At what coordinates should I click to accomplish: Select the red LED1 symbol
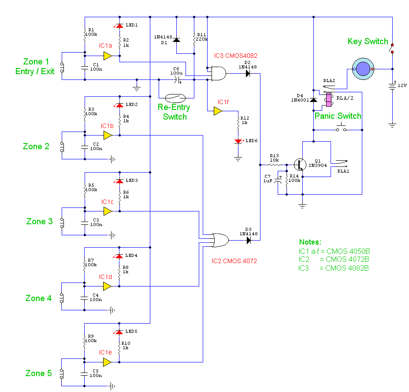point(119,26)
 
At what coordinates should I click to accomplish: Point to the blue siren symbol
point(362,69)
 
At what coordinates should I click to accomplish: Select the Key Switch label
point(368,41)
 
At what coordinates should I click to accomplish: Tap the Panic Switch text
point(338,116)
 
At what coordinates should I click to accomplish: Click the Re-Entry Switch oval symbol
point(175,98)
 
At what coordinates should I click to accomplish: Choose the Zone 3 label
point(39,222)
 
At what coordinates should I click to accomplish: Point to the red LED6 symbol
point(238,141)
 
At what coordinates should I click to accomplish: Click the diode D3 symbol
point(248,241)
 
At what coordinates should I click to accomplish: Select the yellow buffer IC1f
point(218,111)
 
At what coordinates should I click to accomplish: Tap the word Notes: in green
point(310,242)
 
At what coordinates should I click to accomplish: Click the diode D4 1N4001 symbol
point(313,100)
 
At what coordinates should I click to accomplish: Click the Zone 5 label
point(37,373)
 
